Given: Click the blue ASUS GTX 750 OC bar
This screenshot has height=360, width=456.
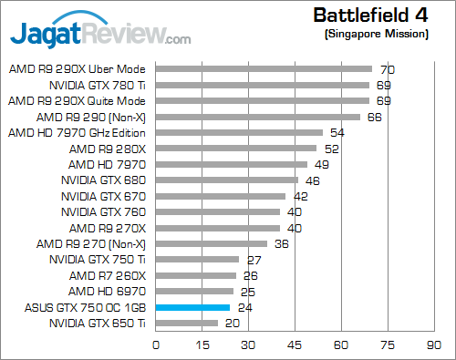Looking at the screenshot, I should tap(192, 308).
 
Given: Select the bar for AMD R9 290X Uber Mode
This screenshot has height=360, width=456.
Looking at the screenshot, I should tap(264, 68).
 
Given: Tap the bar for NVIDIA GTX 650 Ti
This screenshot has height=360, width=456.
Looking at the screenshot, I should tap(187, 323).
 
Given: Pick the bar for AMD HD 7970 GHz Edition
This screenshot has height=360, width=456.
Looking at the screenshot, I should tap(239, 132).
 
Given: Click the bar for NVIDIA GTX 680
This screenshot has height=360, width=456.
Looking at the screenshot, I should tap(226, 180).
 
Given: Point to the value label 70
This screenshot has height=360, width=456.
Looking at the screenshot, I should tap(387, 69).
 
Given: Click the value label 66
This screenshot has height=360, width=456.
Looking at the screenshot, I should tap(374, 117).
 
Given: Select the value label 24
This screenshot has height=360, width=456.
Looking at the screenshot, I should tap(244, 308).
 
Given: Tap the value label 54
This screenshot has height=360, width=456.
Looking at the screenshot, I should tap(337, 133).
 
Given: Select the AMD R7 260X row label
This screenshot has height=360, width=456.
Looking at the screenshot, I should tap(107, 276).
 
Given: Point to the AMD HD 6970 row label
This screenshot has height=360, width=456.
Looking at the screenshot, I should tap(108, 292).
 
